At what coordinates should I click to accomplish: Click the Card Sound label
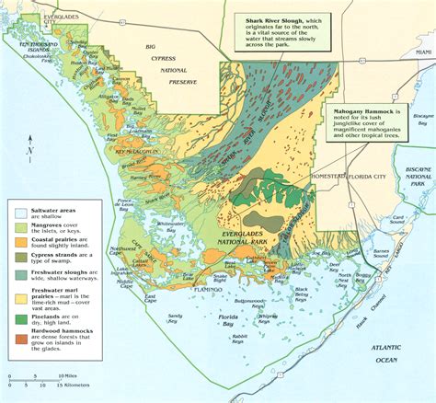tap(398, 220)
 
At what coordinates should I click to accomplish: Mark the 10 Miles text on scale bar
tap(66, 376)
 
